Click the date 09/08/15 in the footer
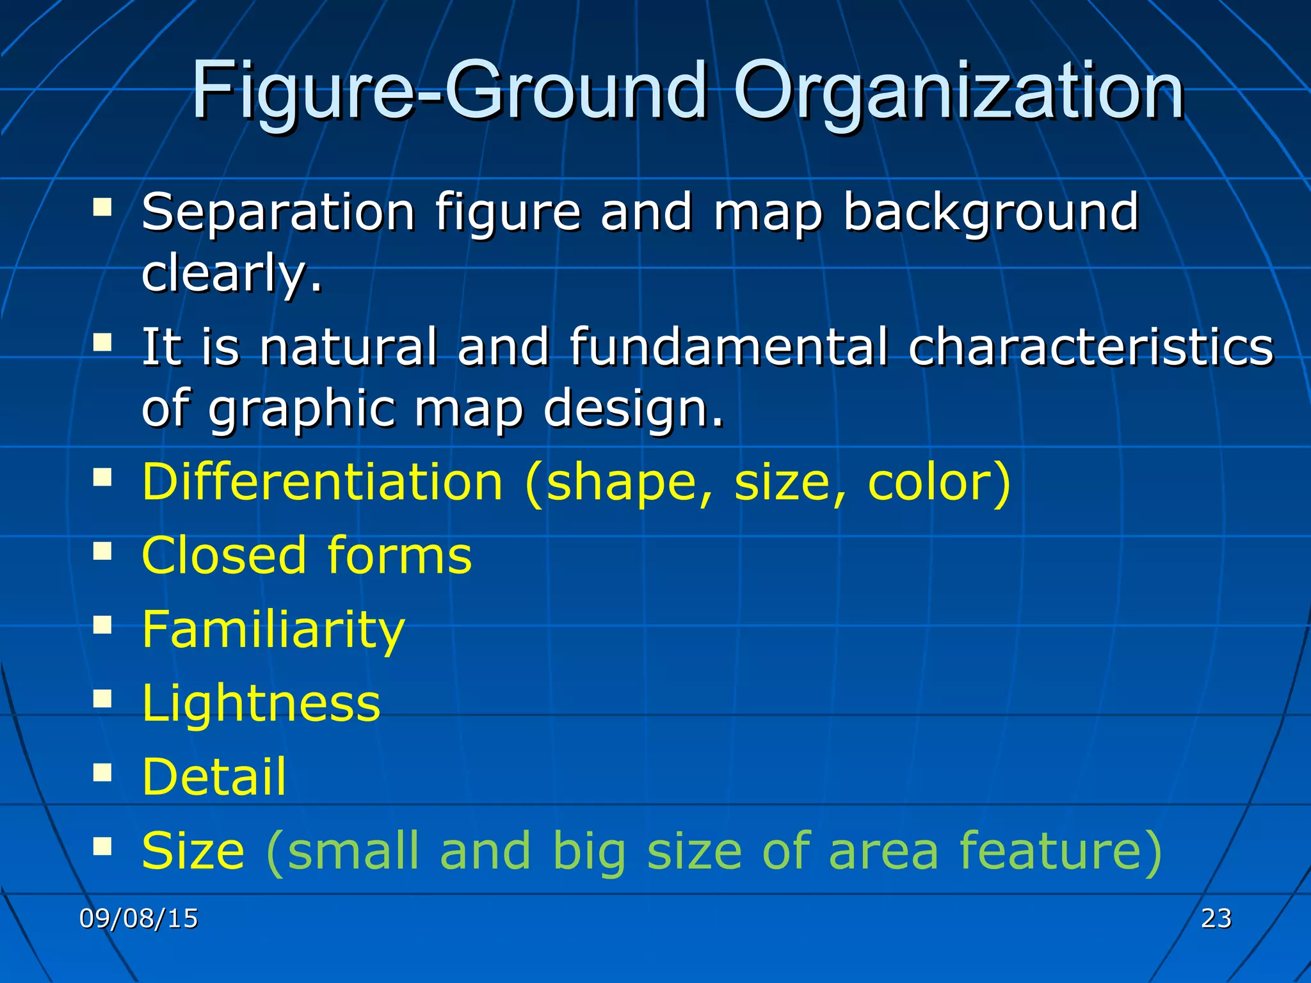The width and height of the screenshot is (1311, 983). [138, 918]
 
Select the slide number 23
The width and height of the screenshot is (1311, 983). [1216, 918]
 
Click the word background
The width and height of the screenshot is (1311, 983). [990, 212]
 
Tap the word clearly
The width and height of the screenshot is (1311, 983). [231, 273]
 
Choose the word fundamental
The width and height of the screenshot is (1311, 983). [728, 347]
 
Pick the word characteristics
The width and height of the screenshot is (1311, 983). [1091, 347]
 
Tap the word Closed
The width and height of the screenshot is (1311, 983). [224, 555]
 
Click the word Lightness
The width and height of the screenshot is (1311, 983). [261, 703]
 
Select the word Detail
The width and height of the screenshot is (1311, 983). [214, 776]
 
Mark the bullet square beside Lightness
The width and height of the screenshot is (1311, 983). [102, 699]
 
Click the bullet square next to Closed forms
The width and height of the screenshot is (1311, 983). [102, 550]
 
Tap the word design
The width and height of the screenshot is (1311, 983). [634, 410]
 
